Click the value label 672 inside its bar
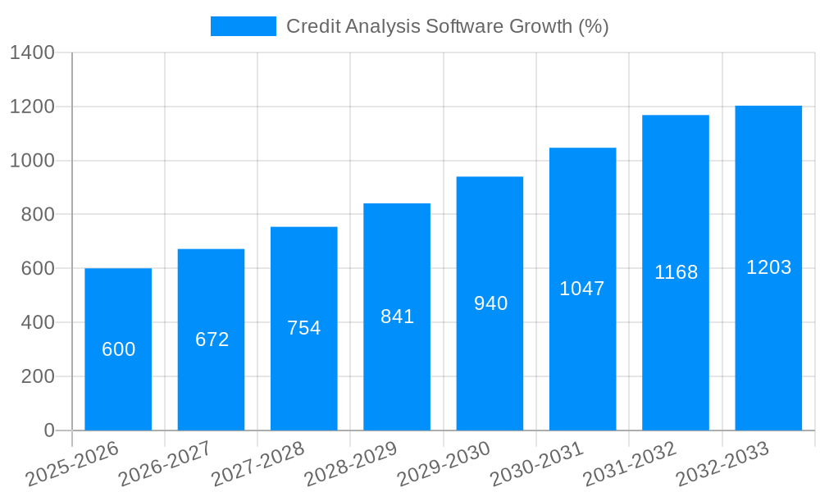[212, 339]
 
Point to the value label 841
[397, 317]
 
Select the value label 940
[490, 303]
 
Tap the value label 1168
[676, 272]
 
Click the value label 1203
[768, 267]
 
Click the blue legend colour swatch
[243, 26]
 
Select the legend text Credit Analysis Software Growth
[447, 26]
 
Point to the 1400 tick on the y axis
[32, 53]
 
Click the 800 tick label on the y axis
[38, 215]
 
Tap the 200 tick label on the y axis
[38, 376]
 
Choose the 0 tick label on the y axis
[48, 430]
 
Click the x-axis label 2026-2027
[164, 464]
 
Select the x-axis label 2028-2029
[350, 464]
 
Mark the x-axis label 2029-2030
[443, 464]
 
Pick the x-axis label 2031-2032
[629, 464]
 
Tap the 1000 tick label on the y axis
[32, 161]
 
